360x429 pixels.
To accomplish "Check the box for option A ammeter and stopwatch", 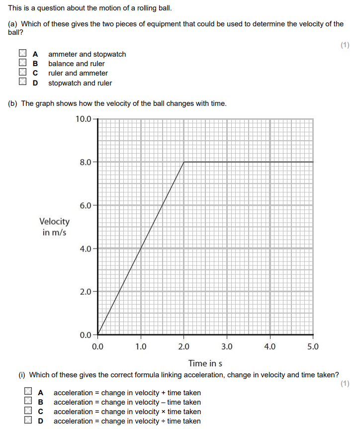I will click(22, 54).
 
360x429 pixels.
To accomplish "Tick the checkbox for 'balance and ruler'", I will click(22, 63).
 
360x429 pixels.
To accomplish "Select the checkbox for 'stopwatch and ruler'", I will click(22, 83).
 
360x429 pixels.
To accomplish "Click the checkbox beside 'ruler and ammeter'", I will click(22, 73).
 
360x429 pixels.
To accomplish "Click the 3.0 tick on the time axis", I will click(227, 346).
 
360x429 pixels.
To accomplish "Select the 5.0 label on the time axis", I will click(313, 346).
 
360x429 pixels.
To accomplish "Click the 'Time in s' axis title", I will click(205, 363).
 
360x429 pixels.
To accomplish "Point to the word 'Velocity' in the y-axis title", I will click(55, 222).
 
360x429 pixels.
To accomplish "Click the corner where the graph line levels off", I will click(184, 162).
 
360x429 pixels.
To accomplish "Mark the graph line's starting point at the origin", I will click(98, 335).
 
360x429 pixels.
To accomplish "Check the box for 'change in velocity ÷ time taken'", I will click(28, 421).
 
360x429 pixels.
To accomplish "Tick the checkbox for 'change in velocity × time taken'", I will click(28, 412).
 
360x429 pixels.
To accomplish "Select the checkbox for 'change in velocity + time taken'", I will click(28, 392).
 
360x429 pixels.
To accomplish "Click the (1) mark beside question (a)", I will click(345, 45).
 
